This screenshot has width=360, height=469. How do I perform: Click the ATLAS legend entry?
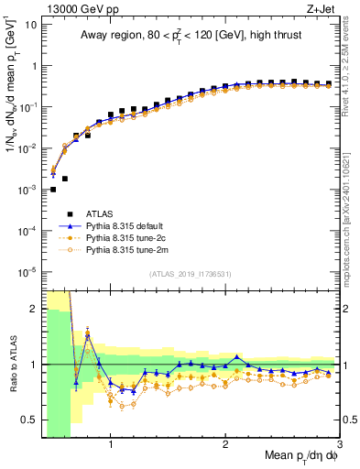click(x=100, y=213)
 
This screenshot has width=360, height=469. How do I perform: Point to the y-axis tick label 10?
click(x=29, y=25)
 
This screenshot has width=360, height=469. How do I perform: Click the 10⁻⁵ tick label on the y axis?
click(x=27, y=271)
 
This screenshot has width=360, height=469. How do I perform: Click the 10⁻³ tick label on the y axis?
click(x=27, y=190)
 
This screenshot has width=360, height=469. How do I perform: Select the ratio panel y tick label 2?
click(x=33, y=309)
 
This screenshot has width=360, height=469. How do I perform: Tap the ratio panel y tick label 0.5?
click(x=29, y=420)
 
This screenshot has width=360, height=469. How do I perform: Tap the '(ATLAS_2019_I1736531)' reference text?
click(x=191, y=274)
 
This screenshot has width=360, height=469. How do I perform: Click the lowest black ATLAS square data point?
click(x=53, y=190)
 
